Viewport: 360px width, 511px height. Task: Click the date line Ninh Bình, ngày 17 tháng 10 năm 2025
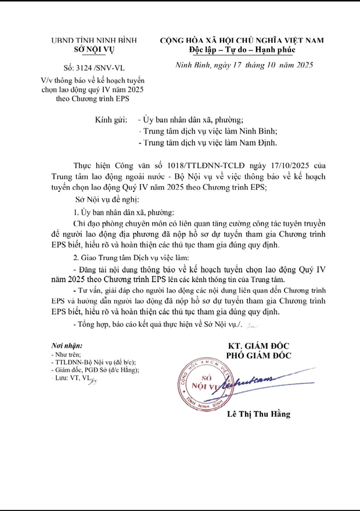pos(244,66)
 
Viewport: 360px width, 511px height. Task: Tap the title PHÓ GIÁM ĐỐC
pos(259,356)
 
